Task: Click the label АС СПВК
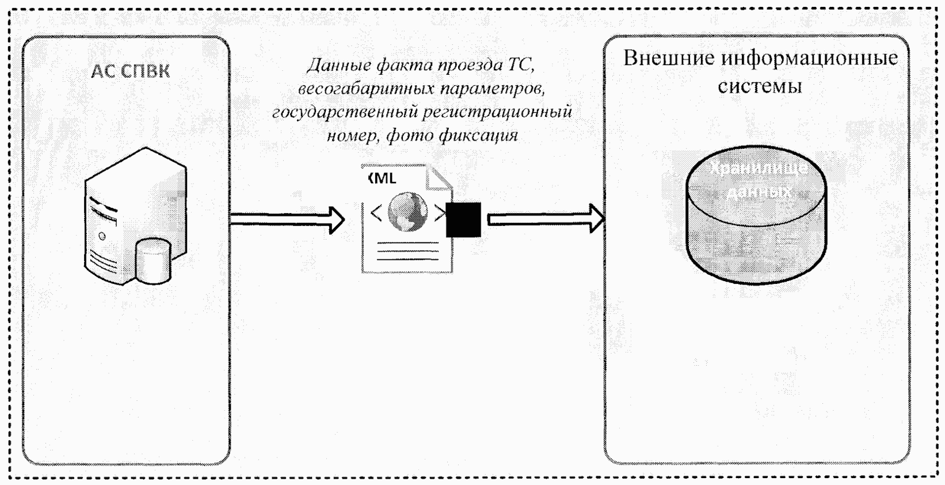[x=130, y=71]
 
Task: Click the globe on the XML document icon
[x=408, y=211]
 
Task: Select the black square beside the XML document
[x=463, y=219]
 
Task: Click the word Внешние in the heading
[x=668, y=59]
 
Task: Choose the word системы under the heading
[x=760, y=86]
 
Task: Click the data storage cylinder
[x=756, y=225]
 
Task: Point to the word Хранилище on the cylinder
[x=758, y=168]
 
